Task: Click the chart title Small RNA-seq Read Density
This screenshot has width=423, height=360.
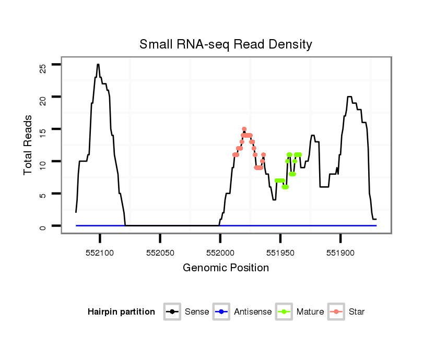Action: (x=226, y=44)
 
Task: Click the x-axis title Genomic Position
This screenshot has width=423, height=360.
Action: (x=226, y=268)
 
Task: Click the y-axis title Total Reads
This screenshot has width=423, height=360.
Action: (x=29, y=145)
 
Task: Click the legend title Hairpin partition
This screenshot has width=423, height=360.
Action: (x=121, y=312)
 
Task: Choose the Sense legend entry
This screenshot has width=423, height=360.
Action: (x=196, y=312)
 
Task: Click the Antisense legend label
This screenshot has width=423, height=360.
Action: (x=252, y=312)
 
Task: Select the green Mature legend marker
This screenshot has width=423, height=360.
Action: (x=284, y=312)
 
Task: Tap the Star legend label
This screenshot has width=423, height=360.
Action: (x=356, y=312)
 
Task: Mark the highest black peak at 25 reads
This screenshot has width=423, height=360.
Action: (x=98, y=65)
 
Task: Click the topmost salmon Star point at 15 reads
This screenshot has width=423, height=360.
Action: (x=244, y=129)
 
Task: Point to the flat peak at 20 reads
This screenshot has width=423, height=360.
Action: (x=349, y=97)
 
